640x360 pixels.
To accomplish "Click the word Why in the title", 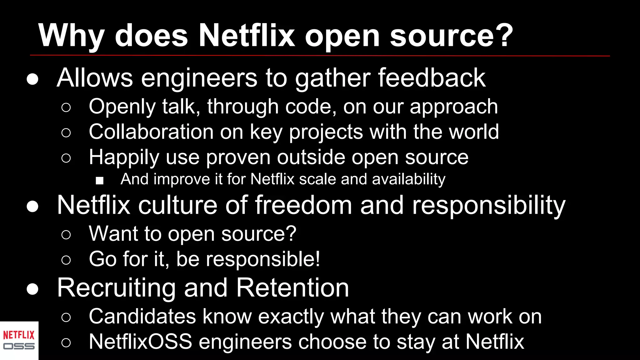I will point(71,36).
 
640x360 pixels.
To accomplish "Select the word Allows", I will point(95,78).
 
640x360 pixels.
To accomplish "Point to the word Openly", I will point(122,107).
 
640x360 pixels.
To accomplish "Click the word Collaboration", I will point(151,132).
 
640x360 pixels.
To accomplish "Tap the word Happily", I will point(124,157).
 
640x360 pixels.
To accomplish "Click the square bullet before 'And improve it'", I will point(100,181).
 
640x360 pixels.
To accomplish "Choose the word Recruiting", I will point(116,288).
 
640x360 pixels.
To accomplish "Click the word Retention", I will point(292,288).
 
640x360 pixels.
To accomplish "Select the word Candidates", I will point(142,317).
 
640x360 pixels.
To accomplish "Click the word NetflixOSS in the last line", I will point(140,342).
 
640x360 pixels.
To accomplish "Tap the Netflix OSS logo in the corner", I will point(19,341).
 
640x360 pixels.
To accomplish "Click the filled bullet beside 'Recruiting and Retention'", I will point(32,289).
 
